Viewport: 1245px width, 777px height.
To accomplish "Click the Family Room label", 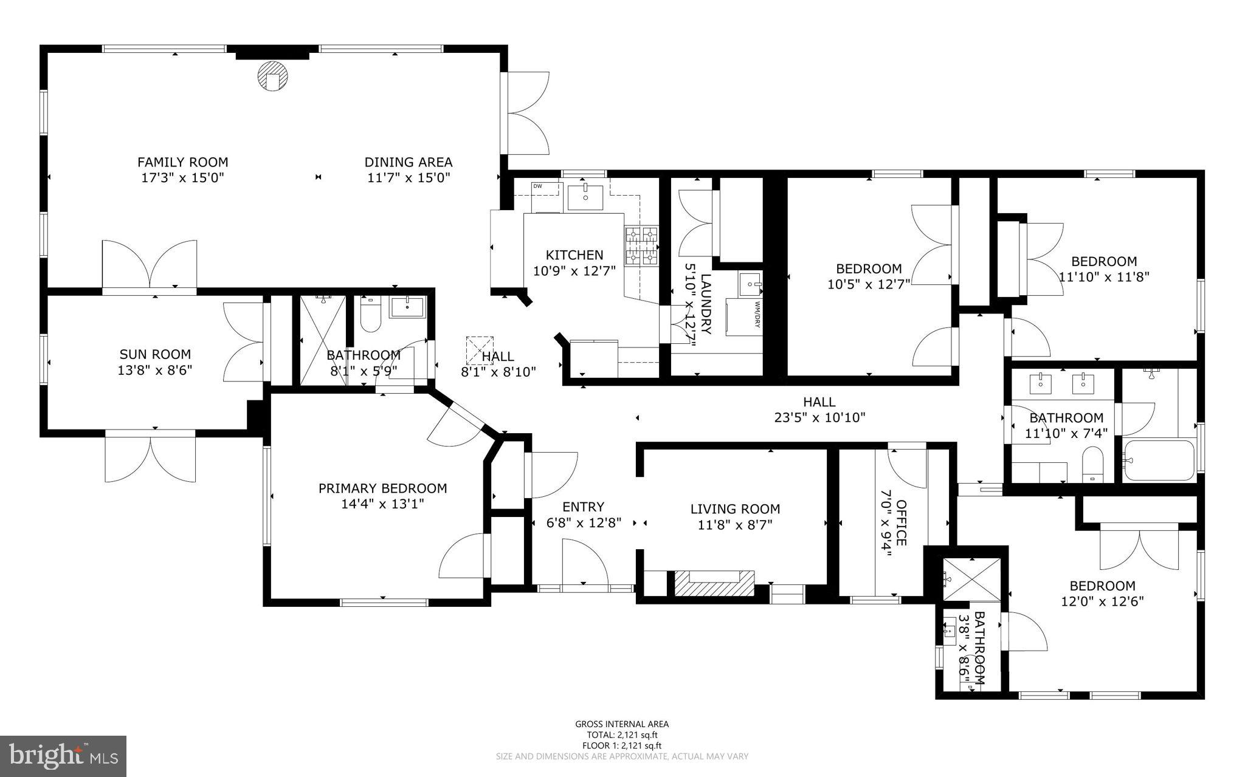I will click(x=182, y=162).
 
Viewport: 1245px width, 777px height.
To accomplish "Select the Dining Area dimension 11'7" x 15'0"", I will click(x=408, y=178).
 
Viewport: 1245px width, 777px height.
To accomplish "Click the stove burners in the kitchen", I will click(x=641, y=246).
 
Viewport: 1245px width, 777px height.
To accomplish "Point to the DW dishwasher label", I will click(x=537, y=186).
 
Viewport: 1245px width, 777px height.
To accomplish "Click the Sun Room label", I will click(x=154, y=354).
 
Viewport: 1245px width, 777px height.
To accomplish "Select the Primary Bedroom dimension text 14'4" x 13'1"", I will click(x=382, y=504).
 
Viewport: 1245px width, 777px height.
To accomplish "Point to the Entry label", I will click(x=583, y=507).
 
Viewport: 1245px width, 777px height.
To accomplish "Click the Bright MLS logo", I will click(x=63, y=755).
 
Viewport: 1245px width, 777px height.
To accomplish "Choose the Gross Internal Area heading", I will click(x=621, y=724).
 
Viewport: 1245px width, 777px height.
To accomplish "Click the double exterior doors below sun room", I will click(x=150, y=457).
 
